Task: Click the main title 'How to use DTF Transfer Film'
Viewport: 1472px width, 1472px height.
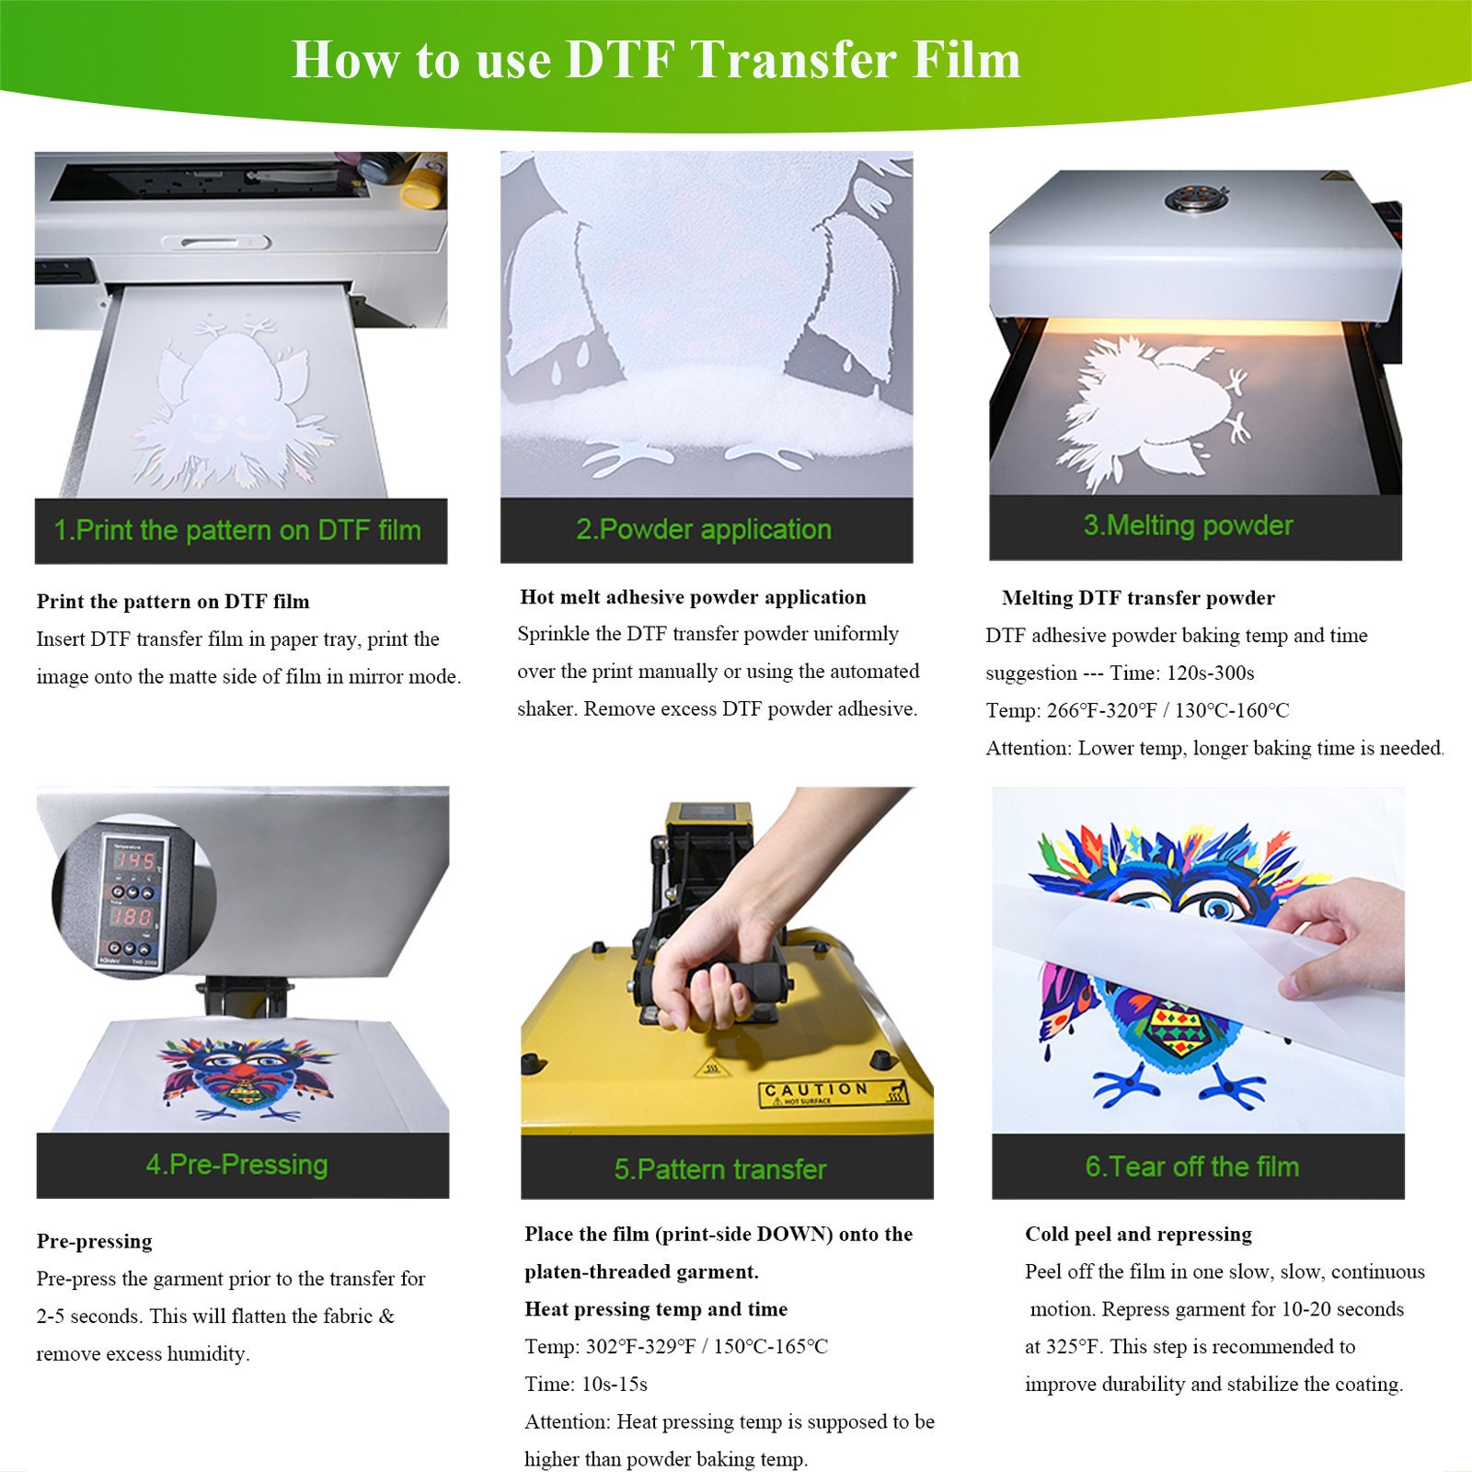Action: (655, 60)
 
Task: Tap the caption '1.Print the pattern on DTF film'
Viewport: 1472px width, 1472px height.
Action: (237, 531)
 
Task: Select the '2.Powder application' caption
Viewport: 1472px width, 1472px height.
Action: (704, 530)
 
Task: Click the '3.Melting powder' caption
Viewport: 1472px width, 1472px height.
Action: (1188, 525)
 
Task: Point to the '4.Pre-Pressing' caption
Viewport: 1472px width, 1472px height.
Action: (236, 1165)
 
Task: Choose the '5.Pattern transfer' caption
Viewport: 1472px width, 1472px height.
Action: (720, 1169)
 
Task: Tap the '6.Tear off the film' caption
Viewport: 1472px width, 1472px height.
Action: (1191, 1167)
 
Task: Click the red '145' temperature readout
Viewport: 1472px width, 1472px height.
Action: (135, 861)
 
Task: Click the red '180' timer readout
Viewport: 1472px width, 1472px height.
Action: (133, 917)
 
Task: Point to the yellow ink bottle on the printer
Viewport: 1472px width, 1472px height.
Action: (423, 183)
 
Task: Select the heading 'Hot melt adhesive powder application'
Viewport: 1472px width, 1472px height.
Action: (693, 597)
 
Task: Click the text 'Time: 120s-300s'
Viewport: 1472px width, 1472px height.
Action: (1181, 673)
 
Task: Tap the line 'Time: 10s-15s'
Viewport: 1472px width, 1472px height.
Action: (586, 1384)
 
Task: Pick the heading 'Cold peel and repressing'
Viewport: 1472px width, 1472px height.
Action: (1138, 1234)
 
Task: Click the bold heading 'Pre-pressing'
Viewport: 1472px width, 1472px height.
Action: (94, 1241)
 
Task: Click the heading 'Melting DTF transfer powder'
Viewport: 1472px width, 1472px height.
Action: (1138, 598)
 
